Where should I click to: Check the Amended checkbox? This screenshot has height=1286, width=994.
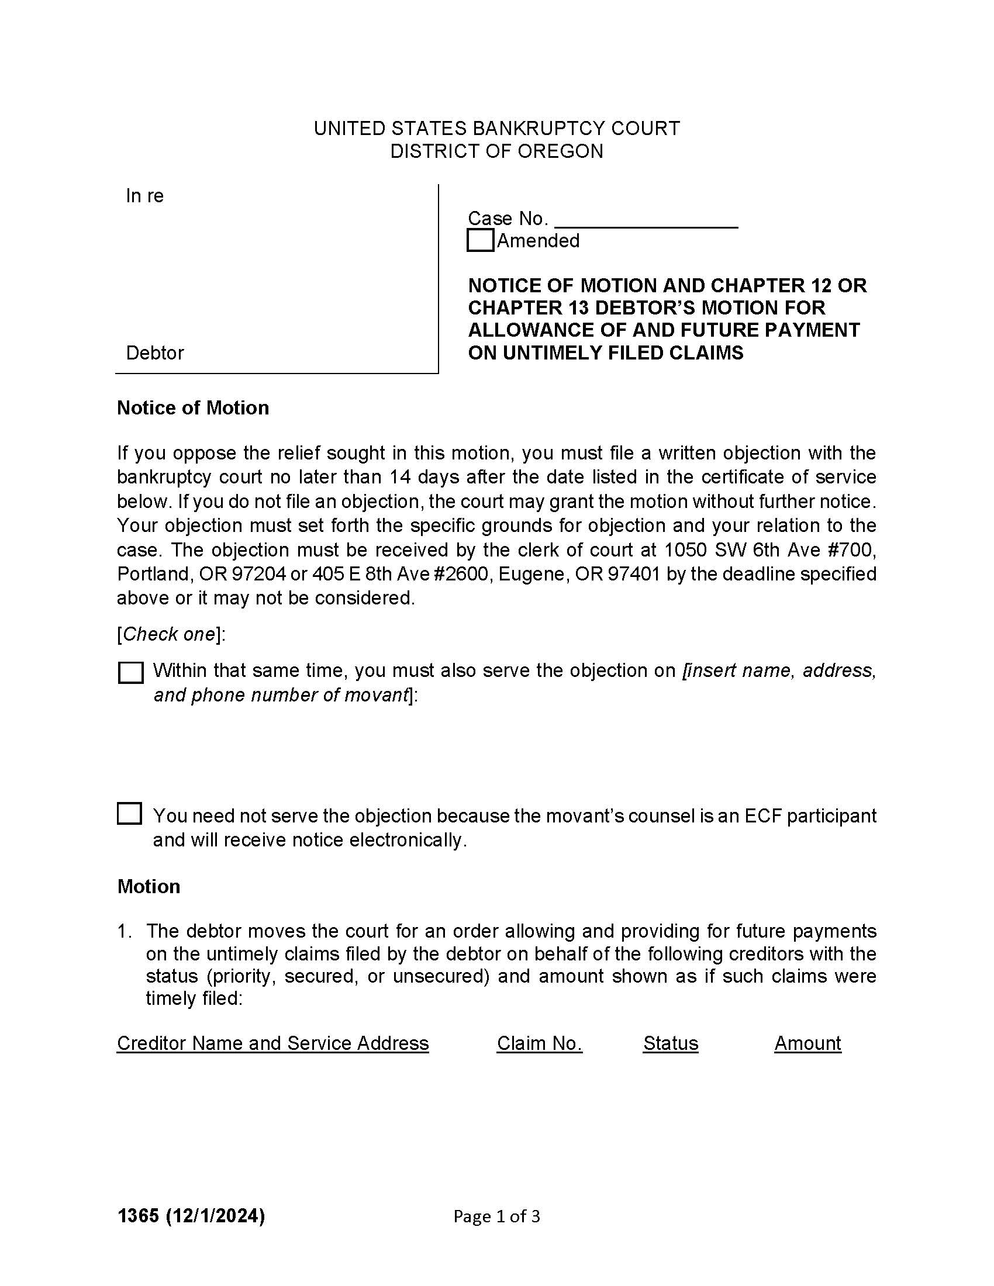point(480,241)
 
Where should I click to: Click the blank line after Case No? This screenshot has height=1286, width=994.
point(646,219)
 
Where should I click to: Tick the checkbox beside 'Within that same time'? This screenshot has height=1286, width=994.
point(131,672)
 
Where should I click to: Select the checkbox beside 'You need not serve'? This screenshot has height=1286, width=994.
point(130,814)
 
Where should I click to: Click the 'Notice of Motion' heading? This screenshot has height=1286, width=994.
point(192,408)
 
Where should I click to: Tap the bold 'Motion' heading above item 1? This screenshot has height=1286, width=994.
point(149,887)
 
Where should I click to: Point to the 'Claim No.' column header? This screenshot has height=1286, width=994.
point(540,1043)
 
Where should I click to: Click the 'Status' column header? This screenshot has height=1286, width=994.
point(670,1043)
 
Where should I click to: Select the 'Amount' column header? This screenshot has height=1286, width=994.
point(807,1043)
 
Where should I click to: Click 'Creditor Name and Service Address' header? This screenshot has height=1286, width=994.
point(272,1043)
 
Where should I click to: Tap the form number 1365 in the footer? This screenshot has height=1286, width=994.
point(138,1216)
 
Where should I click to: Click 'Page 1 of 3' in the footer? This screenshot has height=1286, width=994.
point(496,1216)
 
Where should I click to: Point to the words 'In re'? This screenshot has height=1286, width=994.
point(144,196)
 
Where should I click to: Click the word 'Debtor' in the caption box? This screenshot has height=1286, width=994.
point(155,353)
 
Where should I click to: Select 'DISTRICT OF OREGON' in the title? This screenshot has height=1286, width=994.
point(496,151)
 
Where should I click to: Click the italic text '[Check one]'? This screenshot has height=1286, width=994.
point(171,634)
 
